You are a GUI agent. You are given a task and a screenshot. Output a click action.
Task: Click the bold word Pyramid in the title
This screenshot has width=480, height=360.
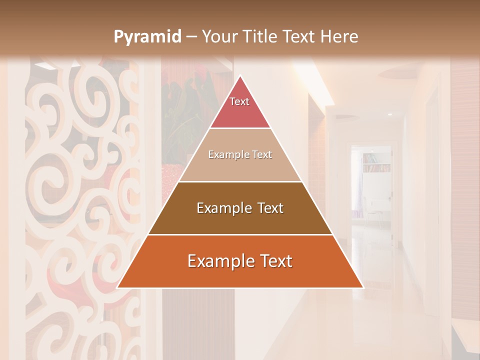pos(147,37)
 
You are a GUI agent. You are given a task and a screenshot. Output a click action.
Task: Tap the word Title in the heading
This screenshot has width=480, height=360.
pos(260,37)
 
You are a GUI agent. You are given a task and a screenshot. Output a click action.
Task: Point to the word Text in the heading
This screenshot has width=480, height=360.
pos(298,37)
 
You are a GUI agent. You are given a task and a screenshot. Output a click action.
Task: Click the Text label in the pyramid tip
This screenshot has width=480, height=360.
pos(239,101)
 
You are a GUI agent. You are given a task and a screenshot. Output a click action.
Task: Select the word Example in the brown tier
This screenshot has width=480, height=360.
pos(221,208)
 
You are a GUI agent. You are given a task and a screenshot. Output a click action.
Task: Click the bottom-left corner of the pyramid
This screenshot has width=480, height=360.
pos(117,287)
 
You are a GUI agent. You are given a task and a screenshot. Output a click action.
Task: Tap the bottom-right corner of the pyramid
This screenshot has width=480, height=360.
pos(363,287)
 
